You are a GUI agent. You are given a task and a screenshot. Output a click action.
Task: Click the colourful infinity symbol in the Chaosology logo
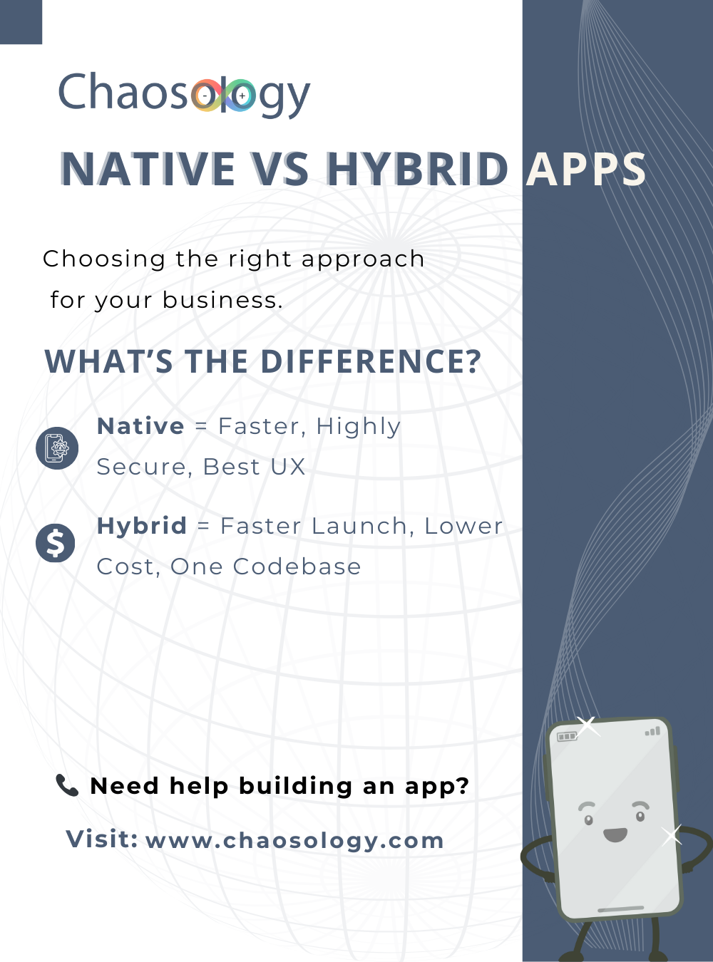tap(223, 95)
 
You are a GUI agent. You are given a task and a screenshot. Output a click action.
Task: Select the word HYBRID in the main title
tap(417, 170)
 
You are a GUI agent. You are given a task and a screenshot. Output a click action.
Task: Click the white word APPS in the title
tap(586, 170)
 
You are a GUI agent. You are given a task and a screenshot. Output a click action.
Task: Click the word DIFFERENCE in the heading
tap(371, 362)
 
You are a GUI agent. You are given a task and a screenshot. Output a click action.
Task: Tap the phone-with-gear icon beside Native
tap(57, 448)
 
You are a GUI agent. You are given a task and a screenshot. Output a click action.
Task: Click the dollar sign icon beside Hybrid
tap(56, 544)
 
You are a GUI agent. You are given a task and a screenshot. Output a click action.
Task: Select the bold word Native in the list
tap(140, 426)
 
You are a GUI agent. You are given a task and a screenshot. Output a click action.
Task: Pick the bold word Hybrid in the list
tap(141, 526)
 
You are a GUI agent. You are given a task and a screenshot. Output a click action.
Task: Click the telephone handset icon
tap(67, 785)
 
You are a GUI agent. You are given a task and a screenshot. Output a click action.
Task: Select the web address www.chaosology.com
tap(294, 840)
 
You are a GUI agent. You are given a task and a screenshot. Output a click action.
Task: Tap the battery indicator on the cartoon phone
tap(567, 736)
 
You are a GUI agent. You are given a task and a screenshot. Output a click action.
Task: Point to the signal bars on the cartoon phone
tap(652, 731)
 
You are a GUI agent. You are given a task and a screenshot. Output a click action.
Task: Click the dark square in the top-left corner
tap(21, 21)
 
